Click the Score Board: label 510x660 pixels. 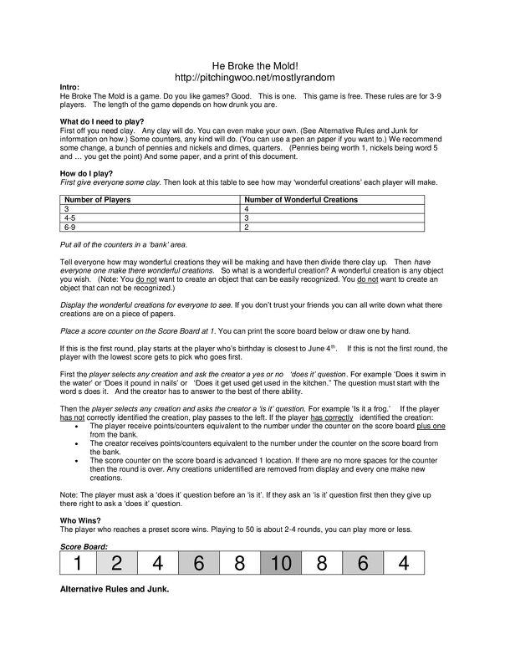tap(84, 545)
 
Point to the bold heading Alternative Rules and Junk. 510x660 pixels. tap(115, 590)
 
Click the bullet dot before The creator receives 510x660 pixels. tap(77, 443)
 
